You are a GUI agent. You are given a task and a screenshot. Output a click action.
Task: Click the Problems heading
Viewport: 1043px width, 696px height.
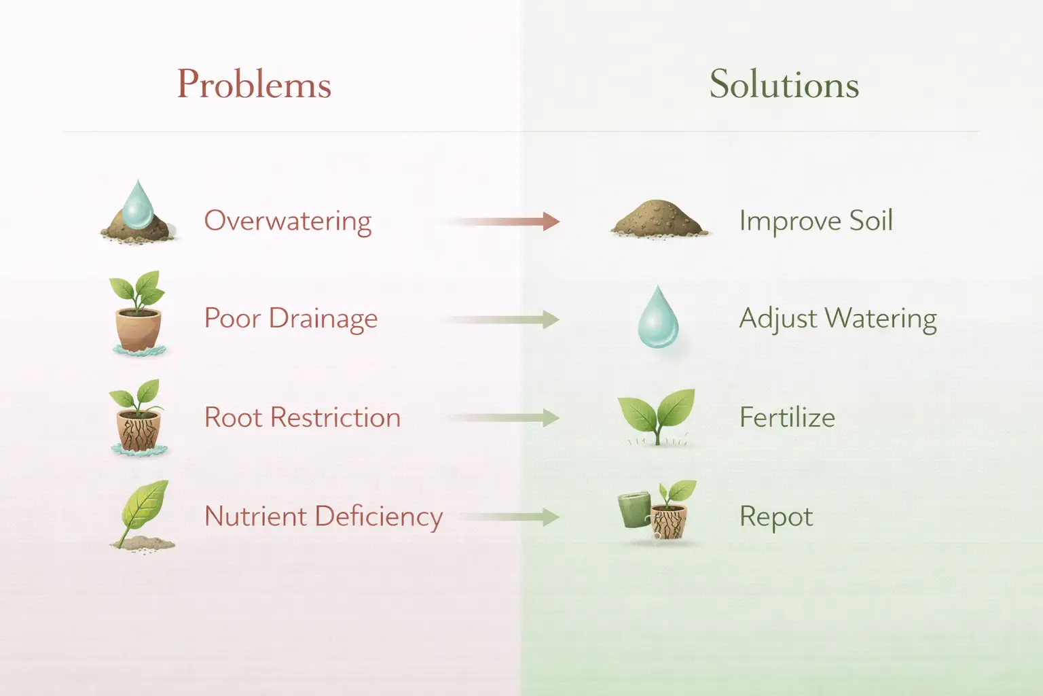pyautogui.click(x=254, y=84)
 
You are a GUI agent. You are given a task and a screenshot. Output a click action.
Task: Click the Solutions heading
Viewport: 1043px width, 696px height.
pyautogui.click(x=784, y=84)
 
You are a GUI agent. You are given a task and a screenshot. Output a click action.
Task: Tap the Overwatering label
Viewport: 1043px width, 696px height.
pyautogui.click(x=288, y=222)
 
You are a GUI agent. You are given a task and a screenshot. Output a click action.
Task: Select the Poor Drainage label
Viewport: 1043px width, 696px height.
pyautogui.click(x=291, y=319)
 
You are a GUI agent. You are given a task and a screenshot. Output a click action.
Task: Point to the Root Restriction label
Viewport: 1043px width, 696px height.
pyautogui.click(x=303, y=417)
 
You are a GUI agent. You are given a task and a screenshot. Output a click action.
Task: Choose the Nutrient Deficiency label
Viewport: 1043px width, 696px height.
pyautogui.click(x=324, y=517)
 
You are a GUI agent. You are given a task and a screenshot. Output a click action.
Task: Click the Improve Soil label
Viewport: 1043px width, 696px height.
pyautogui.click(x=816, y=221)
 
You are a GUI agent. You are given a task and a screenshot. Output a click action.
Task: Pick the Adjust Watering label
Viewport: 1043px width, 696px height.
pyautogui.click(x=838, y=319)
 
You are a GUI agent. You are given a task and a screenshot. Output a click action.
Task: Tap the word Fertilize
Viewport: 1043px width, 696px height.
pyautogui.click(x=788, y=417)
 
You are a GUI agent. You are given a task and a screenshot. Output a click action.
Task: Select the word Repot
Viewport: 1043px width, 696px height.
pyautogui.click(x=776, y=517)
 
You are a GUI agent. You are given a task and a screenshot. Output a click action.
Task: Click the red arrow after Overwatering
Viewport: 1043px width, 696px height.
pyautogui.click(x=503, y=222)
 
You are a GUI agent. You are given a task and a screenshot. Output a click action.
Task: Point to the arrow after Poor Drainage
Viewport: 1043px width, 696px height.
pyautogui.click(x=503, y=319)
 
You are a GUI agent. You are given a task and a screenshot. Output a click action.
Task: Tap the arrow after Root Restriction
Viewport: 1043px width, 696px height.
pyautogui.click(x=503, y=418)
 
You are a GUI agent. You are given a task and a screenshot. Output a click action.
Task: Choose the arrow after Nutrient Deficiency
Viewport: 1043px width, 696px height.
pyautogui.click(x=510, y=517)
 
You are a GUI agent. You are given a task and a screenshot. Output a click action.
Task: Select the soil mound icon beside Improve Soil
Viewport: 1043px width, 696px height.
pyautogui.click(x=659, y=219)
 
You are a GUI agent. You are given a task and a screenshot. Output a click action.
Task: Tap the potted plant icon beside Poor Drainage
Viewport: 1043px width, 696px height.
pyautogui.click(x=138, y=313)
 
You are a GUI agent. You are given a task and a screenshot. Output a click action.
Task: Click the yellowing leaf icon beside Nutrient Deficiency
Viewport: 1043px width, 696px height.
pyautogui.click(x=143, y=515)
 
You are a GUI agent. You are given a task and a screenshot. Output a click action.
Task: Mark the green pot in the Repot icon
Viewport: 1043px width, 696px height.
pyautogui.click(x=635, y=510)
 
